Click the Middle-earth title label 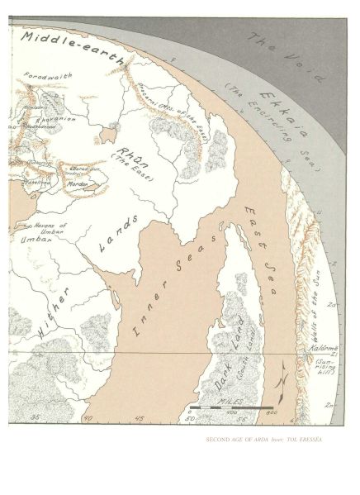[x=69, y=47]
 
